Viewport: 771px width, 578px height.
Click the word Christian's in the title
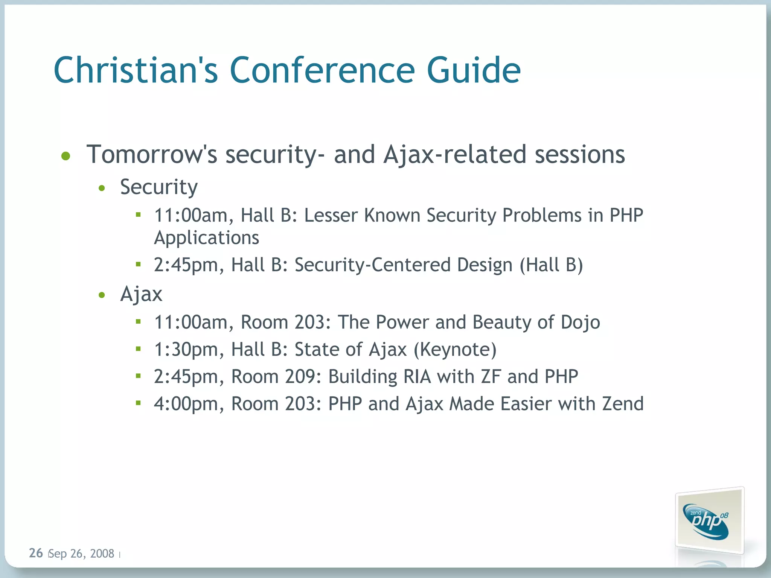coord(136,70)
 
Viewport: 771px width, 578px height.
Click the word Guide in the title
coord(473,70)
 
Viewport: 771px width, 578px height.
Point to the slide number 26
coord(36,553)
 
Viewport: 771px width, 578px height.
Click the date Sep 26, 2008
coord(81,554)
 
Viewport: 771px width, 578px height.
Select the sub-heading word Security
coord(158,187)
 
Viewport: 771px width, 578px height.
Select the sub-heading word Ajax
coord(141,294)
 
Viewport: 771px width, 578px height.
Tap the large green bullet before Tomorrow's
coord(66,156)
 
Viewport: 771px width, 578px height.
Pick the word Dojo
coord(580,322)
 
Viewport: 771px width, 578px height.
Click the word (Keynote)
coord(455,350)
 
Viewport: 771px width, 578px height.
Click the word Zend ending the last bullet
coord(623,404)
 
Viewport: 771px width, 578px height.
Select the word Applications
coord(206,238)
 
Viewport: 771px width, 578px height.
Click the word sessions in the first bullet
coord(580,154)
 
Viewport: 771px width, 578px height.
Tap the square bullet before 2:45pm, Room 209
coord(138,376)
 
